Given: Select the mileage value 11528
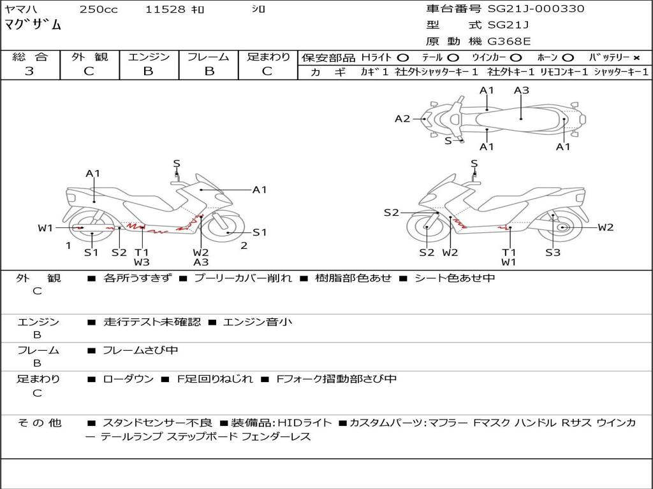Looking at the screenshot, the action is tap(165, 10).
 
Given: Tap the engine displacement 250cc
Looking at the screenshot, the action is tap(98, 10).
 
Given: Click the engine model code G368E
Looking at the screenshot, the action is tap(509, 42).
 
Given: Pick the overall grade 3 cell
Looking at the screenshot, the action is tap(29, 71).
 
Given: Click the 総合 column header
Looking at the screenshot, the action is tap(29, 57).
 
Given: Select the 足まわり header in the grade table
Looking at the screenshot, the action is tap(268, 57).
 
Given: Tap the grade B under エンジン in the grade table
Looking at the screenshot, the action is tap(148, 71).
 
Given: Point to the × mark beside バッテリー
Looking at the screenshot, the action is tap(636, 57).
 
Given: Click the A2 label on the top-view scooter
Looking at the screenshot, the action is tap(402, 118).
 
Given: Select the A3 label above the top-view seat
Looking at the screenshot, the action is tap(522, 90).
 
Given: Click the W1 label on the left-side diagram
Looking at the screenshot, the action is tap(45, 228).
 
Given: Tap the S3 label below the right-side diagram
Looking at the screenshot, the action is tap(553, 253).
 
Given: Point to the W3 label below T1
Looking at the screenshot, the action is tap(142, 262).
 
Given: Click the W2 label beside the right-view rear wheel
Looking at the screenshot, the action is tap(606, 227).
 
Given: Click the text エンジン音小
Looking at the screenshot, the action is tap(258, 322).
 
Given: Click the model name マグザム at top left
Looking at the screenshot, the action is tap(33, 25).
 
